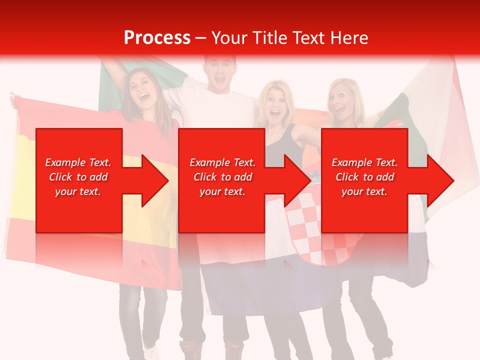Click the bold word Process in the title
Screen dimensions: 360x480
(x=157, y=38)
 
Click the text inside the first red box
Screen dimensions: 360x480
(x=78, y=177)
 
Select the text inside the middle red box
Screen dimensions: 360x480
(x=222, y=177)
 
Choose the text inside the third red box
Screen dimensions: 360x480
(x=364, y=177)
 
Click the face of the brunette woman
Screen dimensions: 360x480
(x=141, y=88)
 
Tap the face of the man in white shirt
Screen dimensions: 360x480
(x=219, y=72)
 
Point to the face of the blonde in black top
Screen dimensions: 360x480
(x=274, y=105)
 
